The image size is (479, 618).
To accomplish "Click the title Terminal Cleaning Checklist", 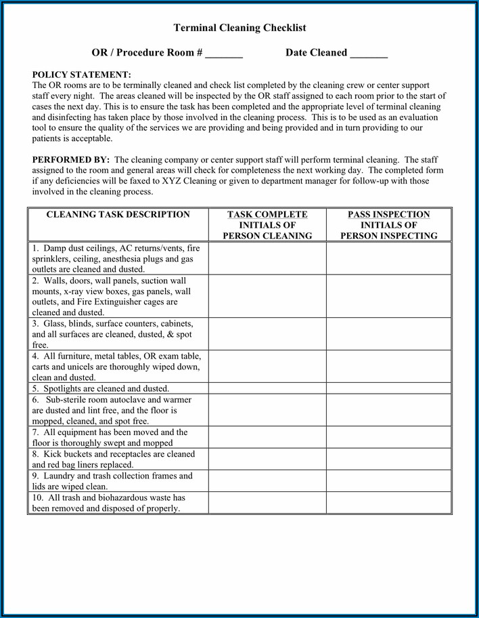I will (x=239, y=28).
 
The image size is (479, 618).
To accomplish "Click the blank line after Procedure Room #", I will (x=224, y=54).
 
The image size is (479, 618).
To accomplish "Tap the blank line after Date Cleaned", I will (x=369, y=54).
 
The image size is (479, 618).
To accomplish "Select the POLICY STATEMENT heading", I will (x=82, y=75).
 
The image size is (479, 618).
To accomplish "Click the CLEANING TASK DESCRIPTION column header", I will (x=118, y=215).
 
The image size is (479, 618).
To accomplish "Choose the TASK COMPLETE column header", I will (x=267, y=225).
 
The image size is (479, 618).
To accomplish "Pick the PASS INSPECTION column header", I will (x=389, y=225).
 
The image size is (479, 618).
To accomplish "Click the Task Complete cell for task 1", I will (x=267, y=258).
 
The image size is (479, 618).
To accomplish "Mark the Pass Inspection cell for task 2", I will (x=389, y=296).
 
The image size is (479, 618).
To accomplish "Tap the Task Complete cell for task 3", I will (x=267, y=334).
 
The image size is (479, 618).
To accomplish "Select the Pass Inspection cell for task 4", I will (x=389, y=367).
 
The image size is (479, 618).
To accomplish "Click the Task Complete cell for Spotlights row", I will (x=267, y=388).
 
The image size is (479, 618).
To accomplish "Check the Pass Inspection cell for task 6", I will (x=389, y=410).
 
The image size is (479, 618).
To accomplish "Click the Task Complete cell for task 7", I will (x=267, y=437).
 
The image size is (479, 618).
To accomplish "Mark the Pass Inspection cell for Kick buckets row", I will (x=389, y=459).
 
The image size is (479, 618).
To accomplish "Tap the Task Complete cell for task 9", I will (x=267, y=480).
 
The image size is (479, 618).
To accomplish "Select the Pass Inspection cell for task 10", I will (x=389, y=503).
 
